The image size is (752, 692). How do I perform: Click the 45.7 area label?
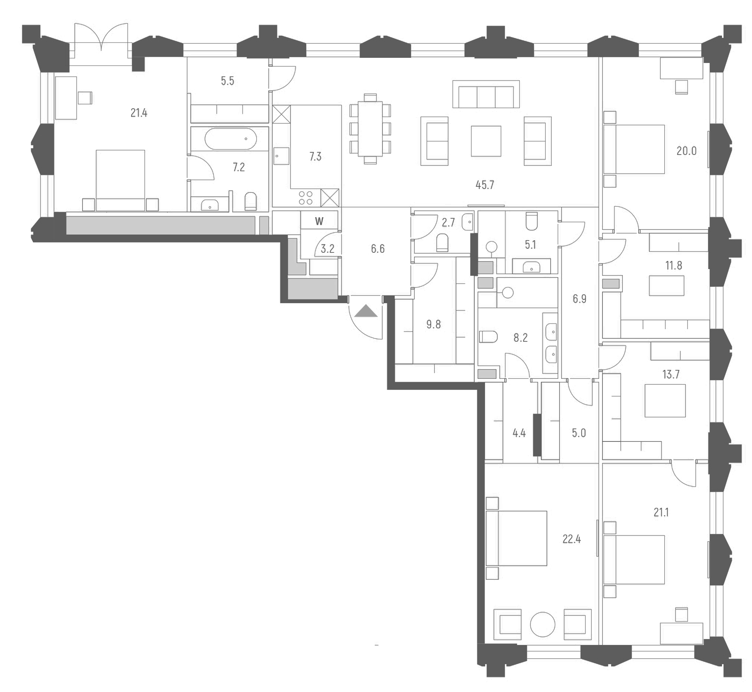point(485,185)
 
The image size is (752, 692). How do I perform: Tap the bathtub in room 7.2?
point(231,139)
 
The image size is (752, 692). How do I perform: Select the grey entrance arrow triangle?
point(365,311)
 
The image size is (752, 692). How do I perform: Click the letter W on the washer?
point(319,221)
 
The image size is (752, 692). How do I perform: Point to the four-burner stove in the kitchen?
point(306,198)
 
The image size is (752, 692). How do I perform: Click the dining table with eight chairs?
point(370,129)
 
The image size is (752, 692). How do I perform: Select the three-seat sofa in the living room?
point(486,95)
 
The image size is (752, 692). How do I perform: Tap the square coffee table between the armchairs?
point(486,141)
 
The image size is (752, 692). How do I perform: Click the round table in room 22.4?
point(542,624)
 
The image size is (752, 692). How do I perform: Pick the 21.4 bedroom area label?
point(139,113)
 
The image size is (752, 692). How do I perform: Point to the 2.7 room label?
point(448,223)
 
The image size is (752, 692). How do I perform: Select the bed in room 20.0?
point(634,149)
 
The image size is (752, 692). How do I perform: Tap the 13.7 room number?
point(671,374)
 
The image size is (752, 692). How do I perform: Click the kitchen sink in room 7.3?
point(281,156)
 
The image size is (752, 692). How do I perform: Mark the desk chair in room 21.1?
point(682,615)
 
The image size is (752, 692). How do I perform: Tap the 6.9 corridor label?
point(579,299)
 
